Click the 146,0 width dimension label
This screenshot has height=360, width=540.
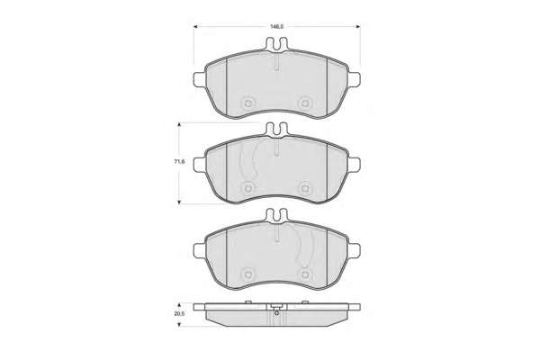click(276, 26)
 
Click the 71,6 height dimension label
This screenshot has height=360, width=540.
click(179, 161)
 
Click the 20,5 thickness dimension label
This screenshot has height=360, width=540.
click(179, 314)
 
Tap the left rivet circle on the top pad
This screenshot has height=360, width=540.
click(247, 103)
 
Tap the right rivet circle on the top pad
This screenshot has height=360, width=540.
click(305, 103)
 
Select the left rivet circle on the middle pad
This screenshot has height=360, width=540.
click(247, 188)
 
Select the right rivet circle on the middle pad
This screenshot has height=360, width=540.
click(305, 188)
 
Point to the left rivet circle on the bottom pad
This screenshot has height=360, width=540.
click(247, 274)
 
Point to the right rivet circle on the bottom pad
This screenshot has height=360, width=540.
click(305, 274)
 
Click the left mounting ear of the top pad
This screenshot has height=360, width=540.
click(200, 79)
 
